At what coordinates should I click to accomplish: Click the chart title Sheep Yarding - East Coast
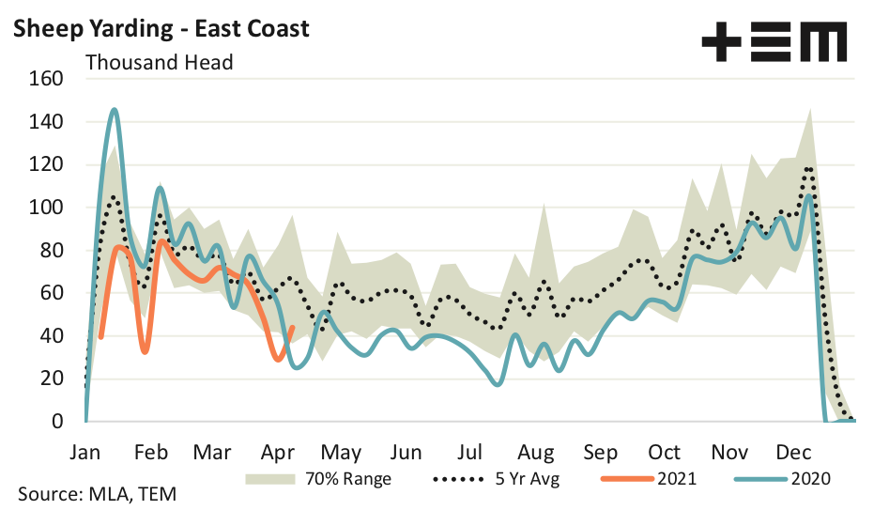[160, 29]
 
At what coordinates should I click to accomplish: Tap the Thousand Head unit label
[159, 63]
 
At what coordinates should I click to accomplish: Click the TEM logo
[774, 42]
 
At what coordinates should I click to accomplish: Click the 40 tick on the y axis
[52, 336]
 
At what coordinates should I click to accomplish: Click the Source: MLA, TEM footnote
[97, 494]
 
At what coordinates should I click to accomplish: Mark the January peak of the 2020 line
[115, 109]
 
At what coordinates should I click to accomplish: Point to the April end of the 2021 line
[293, 328]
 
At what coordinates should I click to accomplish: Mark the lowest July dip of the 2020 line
[498, 384]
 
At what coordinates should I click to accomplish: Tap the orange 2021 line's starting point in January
[100, 336]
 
